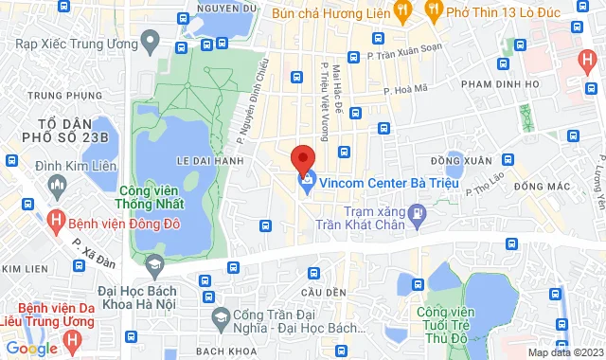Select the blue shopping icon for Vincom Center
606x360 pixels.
tap(307, 181)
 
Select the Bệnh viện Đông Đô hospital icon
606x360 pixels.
tap(56, 222)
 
